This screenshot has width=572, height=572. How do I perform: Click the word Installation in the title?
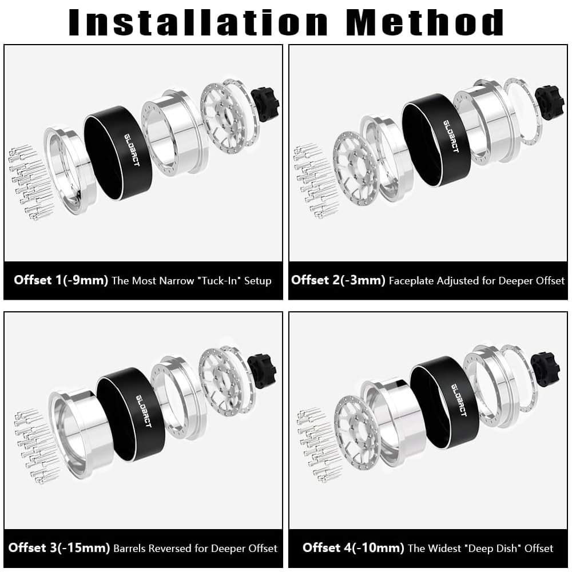(198, 22)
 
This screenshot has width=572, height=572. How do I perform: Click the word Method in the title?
(425, 22)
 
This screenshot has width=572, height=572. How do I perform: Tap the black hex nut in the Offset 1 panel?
(265, 104)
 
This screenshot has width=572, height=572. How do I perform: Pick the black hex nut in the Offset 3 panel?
(261, 371)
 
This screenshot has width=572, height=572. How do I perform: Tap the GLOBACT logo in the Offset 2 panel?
(451, 136)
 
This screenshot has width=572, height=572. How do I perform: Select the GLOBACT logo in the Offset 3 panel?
(144, 411)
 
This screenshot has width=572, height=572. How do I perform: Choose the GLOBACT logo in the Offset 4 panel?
(459, 400)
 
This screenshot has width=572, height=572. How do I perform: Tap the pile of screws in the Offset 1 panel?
(31, 182)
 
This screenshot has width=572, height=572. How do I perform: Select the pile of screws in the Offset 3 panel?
(37, 447)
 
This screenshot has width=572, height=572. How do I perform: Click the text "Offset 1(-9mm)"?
(61, 280)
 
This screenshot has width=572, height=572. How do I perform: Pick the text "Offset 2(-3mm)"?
(338, 280)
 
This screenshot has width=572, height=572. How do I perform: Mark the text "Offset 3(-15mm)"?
(59, 547)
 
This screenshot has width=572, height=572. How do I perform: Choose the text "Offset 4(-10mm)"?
(353, 547)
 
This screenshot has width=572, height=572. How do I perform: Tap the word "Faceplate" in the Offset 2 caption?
(411, 281)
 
